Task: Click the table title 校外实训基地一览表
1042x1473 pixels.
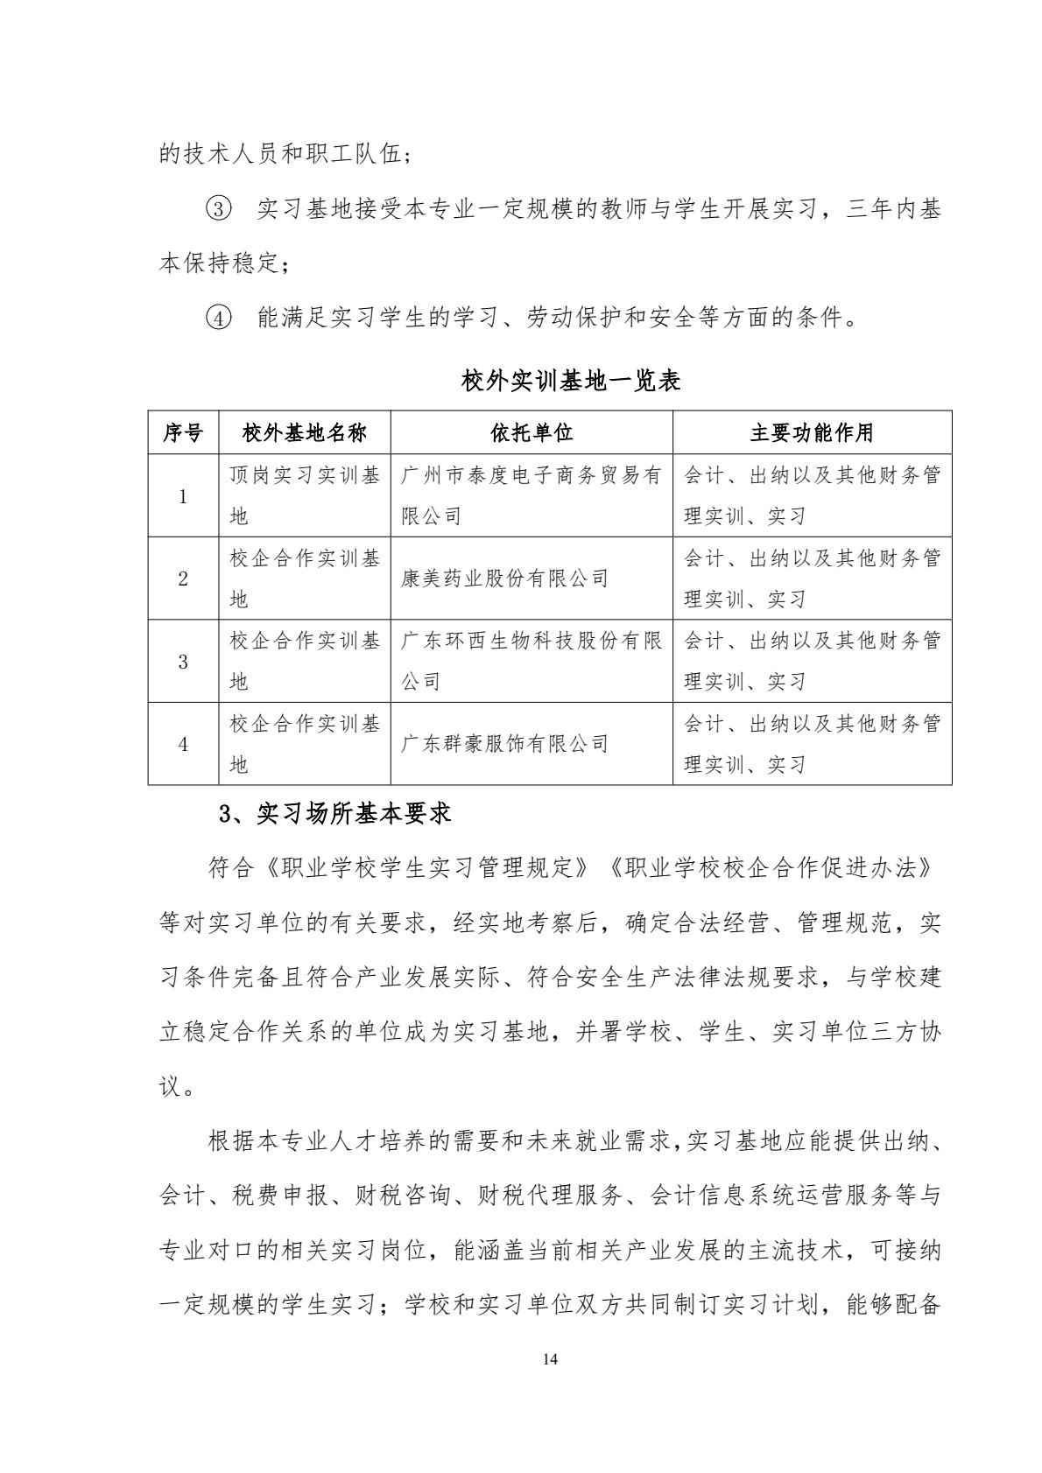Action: (570, 382)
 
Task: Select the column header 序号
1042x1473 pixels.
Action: (183, 432)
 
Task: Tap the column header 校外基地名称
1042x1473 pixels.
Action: (304, 432)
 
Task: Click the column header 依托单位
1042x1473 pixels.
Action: (532, 432)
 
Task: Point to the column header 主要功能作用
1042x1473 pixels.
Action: (812, 432)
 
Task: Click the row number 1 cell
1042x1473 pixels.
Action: (183, 496)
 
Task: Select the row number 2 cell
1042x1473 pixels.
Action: (183, 579)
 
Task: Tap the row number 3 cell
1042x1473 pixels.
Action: (183, 662)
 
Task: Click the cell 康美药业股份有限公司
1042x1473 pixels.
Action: (504, 579)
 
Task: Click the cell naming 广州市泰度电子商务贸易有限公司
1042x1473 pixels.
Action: (531, 496)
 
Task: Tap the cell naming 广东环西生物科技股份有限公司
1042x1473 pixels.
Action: (531, 662)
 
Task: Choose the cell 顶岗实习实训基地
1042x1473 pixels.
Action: (304, 496)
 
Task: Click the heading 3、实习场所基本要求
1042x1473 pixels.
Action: (334, 815)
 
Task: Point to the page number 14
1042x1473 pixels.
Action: (550, 1359)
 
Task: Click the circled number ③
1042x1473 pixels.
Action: (218, 210)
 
